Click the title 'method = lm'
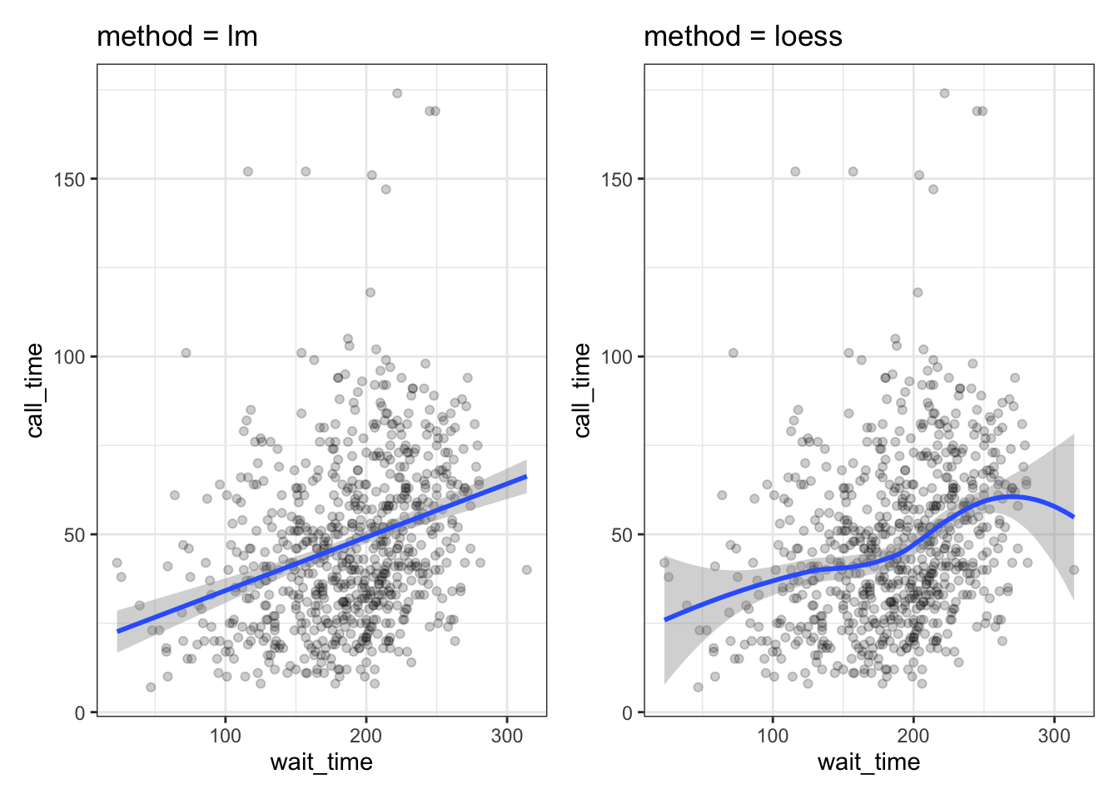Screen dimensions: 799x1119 click(177, 37)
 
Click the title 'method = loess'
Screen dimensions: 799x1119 click(743, 37)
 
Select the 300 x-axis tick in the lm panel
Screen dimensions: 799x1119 click(507, 736)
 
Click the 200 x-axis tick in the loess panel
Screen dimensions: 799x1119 click(913, 736)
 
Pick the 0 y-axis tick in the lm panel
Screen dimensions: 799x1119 click(80, 712)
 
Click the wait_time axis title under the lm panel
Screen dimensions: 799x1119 click(321, 762)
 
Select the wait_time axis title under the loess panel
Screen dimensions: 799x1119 click(868, 762)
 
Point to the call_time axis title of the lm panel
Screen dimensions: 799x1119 click(35, 390)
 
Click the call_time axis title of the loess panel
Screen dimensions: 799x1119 click(582, 390)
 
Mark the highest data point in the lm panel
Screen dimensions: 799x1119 click(397, 93)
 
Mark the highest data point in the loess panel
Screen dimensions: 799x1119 click(944, 93)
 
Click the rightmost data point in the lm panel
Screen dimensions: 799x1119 click(527, 570)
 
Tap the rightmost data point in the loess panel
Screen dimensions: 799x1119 click(1074, 570)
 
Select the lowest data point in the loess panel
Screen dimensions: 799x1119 click(698, 687)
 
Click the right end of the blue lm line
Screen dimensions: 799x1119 click(526, 477)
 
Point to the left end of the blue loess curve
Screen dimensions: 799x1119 click(664, 620)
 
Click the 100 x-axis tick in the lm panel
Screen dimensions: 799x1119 click(226, 736)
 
